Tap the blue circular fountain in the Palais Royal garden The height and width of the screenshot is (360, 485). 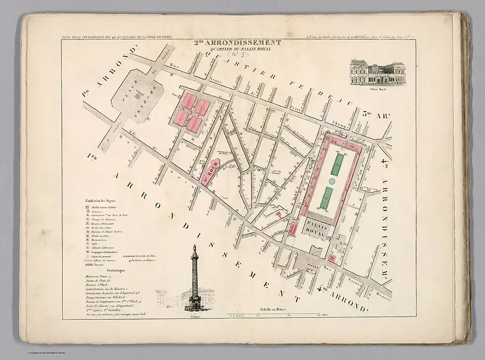point(332,181)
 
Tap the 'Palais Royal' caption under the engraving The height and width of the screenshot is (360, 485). point(374,89)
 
